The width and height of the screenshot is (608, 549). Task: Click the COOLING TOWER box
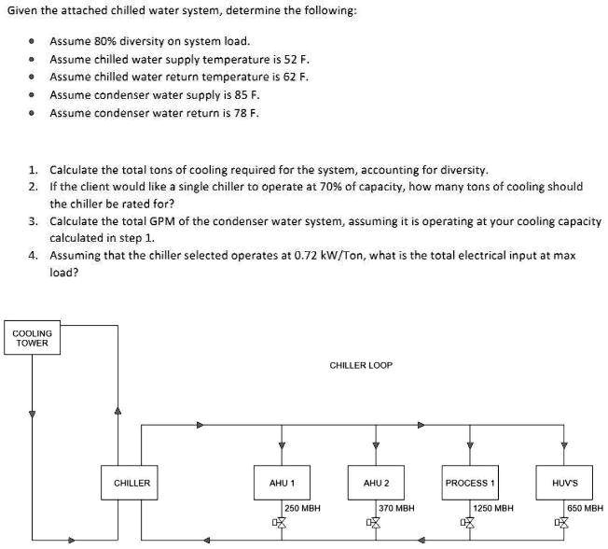point(32,338)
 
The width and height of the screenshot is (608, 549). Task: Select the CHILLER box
point(131,483)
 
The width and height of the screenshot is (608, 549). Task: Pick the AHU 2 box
point(375,483)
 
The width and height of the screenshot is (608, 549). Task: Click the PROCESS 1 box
point(469,483)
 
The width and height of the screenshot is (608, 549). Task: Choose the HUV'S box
point(564,483)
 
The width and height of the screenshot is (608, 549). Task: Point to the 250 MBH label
point(303,509)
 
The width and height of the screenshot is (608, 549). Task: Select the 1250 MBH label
point(493,509)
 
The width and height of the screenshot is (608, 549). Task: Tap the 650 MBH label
point(585,509)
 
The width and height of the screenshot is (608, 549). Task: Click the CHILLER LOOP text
point(361,365)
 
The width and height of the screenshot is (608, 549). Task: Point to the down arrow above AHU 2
point(375,443)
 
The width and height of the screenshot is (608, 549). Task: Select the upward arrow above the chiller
point(117,410)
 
